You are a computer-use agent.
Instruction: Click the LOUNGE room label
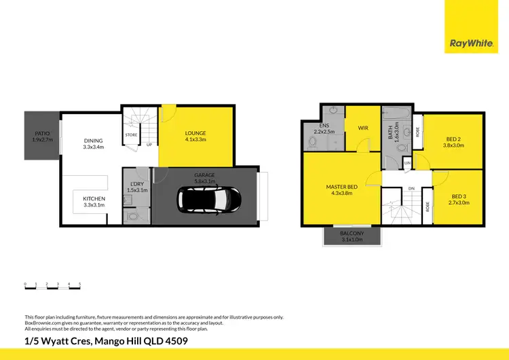(195, 133)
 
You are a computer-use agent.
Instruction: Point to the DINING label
(93, 141)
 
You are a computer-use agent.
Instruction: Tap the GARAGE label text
(204, 175)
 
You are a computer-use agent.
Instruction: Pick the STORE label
(132, 135)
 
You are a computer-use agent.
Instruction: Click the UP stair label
(149, 145)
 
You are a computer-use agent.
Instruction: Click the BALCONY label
(352, 234)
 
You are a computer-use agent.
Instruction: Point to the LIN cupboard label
(407, 163)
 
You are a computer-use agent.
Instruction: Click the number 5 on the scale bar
(80, 283)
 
